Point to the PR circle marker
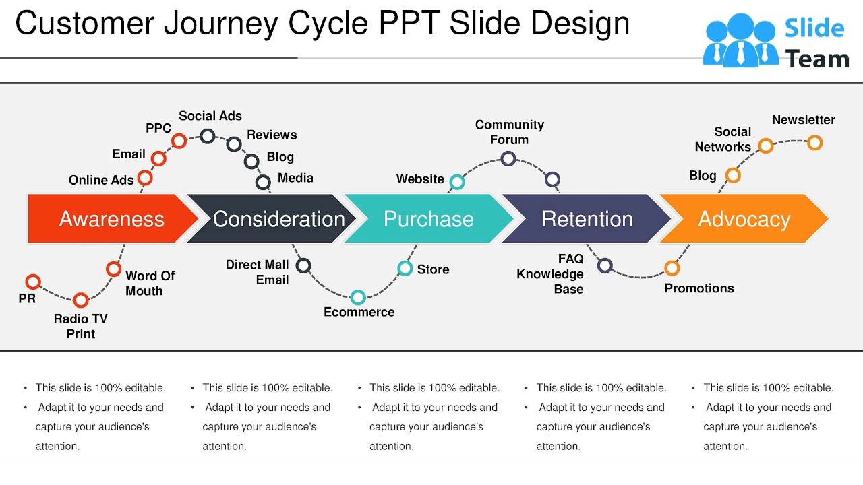click(x=33, y=282)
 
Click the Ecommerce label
click(x=359, y=312)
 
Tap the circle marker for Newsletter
click(x=814, y=143)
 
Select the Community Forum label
click(x=509, y=132)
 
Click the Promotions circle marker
click(x=672, y=268)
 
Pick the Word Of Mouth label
click(x=150, y=284)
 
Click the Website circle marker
click(x=457, y=182)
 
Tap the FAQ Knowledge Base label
click(x=551, y=274)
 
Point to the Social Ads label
click(x=210, y=116)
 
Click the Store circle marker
click(x=405, y=269)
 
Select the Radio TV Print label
click(x=80, y=326)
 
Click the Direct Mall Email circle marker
click(x=304, y=265)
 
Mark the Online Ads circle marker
click(x=145, y=178)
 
